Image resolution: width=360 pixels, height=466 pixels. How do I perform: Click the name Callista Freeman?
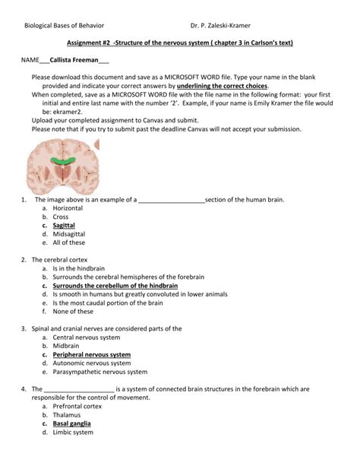click(x=74, y=59)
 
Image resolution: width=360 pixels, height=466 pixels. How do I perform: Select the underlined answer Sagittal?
click(x=64, y=225)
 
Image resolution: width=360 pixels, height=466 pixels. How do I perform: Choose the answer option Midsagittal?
click(x=69, y=234)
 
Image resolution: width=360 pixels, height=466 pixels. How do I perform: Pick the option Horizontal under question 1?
click(x=68, y=208)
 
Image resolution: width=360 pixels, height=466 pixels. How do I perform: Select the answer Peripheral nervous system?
click(x=91, y=354)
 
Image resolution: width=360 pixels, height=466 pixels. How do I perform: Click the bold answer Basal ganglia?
click(x=71, y=423)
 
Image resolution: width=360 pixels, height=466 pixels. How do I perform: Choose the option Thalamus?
click(x=67, y=414)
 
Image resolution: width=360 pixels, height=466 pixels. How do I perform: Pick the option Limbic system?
click(x=73, y=433)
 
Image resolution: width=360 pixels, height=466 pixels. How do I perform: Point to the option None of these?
click(x=73, y=311)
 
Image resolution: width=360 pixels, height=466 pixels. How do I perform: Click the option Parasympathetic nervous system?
click(x=99, y=372)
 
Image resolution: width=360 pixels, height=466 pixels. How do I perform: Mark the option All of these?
click(x=69, y=243)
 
